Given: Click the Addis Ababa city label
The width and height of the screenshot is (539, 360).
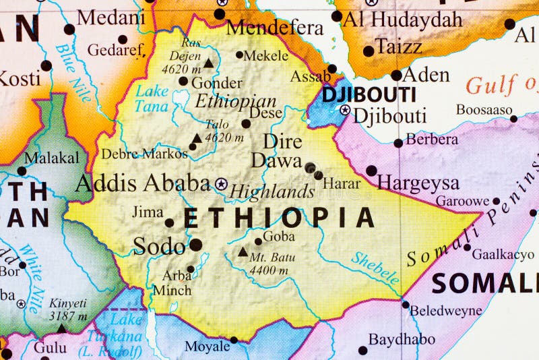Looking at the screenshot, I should point(143,183).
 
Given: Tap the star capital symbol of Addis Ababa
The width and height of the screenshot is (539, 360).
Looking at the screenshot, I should point(222,183).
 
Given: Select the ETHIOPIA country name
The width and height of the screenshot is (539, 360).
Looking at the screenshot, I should point(279,218).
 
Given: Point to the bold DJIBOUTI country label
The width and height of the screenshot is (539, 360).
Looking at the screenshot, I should point(369,94).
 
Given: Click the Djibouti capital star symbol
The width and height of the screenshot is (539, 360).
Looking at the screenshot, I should point(345,110).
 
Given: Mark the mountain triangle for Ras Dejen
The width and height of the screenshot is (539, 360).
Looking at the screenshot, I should point(209,64).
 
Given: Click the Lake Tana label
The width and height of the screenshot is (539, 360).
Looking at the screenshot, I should point(152,98).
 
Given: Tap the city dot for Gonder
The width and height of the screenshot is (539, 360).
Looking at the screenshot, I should point(183,81).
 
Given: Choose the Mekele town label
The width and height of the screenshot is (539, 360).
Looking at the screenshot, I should point(265,56).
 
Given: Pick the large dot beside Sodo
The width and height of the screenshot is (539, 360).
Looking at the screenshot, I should point(195,245).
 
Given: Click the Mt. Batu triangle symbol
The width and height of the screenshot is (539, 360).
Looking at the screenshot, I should point(243,252).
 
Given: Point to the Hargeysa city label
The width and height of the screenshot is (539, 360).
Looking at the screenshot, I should point(418,183).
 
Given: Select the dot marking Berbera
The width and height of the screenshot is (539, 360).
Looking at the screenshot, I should point(398,143).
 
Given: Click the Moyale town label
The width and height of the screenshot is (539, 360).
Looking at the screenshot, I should point(207,347).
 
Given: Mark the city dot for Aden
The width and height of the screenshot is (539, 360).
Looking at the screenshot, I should point(395,76).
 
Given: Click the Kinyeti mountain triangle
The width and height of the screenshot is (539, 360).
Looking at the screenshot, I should point(61,329).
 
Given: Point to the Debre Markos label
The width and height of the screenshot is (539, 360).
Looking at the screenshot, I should point(144,154).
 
